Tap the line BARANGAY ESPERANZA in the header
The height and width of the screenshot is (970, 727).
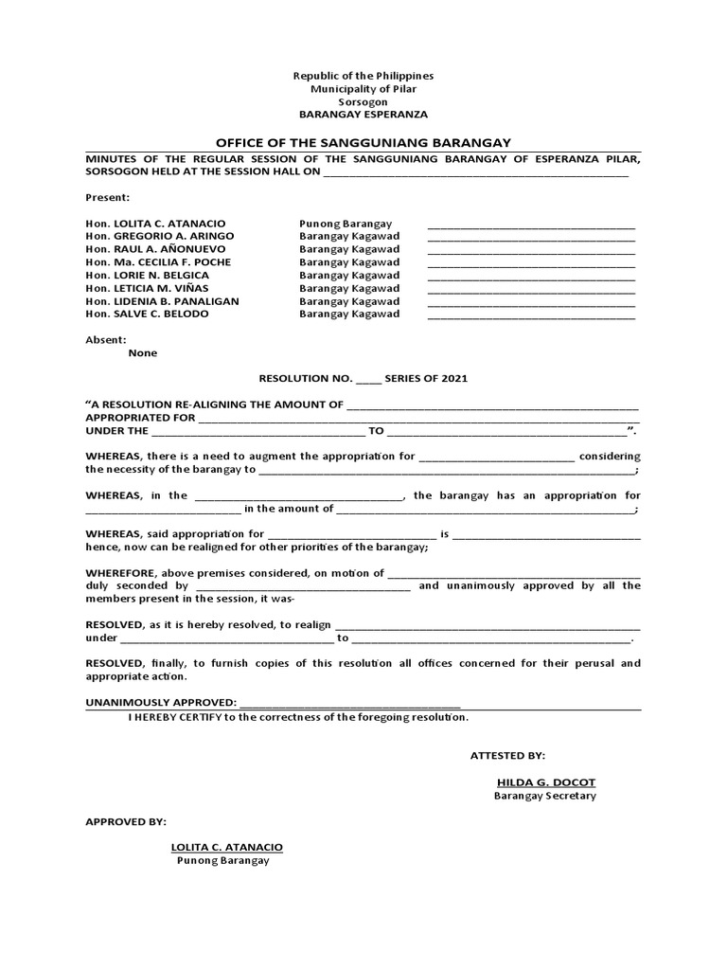click(x=363, y=114)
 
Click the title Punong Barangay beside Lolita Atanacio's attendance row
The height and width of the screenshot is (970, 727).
click(x=346, y=223)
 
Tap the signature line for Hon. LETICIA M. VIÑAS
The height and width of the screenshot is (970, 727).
click(x=531, y=290)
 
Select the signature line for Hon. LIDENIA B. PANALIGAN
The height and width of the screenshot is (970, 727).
click(x=531, y=303)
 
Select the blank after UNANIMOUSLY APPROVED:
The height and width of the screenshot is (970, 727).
click(x=350, y=704)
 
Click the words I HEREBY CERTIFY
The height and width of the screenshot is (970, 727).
click(x=173, y=718)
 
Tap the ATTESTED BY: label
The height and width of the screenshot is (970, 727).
click(x=507, y=755)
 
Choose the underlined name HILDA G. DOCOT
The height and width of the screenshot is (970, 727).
click(x=545, y=782)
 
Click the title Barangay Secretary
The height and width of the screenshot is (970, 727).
click(x=545, y=796)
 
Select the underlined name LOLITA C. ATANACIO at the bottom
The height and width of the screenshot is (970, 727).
click(x=226, y=847)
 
